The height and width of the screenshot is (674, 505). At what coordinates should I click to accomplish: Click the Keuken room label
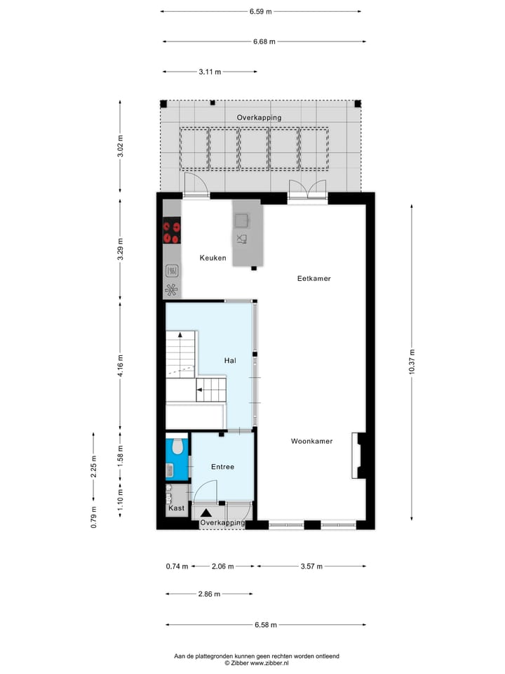[x=213, y=258]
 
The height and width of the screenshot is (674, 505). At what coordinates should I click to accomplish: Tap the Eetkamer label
[x=314, y=279]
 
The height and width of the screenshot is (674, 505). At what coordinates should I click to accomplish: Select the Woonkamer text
[x=311, y=442]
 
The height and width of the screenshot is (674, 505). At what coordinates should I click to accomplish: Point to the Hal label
[x=229, y=360]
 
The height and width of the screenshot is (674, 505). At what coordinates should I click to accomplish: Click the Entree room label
[x=222, y=466]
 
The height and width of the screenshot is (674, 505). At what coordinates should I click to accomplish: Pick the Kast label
[x=176, y=508]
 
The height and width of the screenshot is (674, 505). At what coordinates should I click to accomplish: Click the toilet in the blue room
[x=177, y=447]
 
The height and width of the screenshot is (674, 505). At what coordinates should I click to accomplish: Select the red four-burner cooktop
[x=172, y=232]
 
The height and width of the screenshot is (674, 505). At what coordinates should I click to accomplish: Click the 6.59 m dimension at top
[x=260, y=11]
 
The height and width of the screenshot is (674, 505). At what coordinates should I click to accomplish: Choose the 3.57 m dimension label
[x=311, y=566]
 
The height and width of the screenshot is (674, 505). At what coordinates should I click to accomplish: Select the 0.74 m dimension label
[x=177, y=566]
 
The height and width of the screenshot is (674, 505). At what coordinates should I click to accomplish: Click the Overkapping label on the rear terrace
[x=259, y=118]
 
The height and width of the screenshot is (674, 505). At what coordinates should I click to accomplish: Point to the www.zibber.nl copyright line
[x=257, y=663]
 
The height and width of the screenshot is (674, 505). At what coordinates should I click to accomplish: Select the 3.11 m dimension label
[x=210, y=72]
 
